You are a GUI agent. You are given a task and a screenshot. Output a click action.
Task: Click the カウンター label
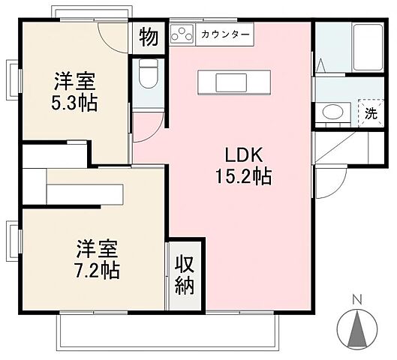[224, 34]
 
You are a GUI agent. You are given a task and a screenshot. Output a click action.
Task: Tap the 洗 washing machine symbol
[370, 114]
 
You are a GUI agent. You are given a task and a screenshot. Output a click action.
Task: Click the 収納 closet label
[185, 274]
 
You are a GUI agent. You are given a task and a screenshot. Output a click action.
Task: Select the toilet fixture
[148, 75]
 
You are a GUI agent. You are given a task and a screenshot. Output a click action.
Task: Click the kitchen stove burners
[182, 34]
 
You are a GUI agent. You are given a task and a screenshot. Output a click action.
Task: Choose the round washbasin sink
[329, 113]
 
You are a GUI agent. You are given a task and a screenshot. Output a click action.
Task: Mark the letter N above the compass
[358, 299]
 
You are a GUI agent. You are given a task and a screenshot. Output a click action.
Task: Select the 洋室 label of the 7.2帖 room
[98, 247]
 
